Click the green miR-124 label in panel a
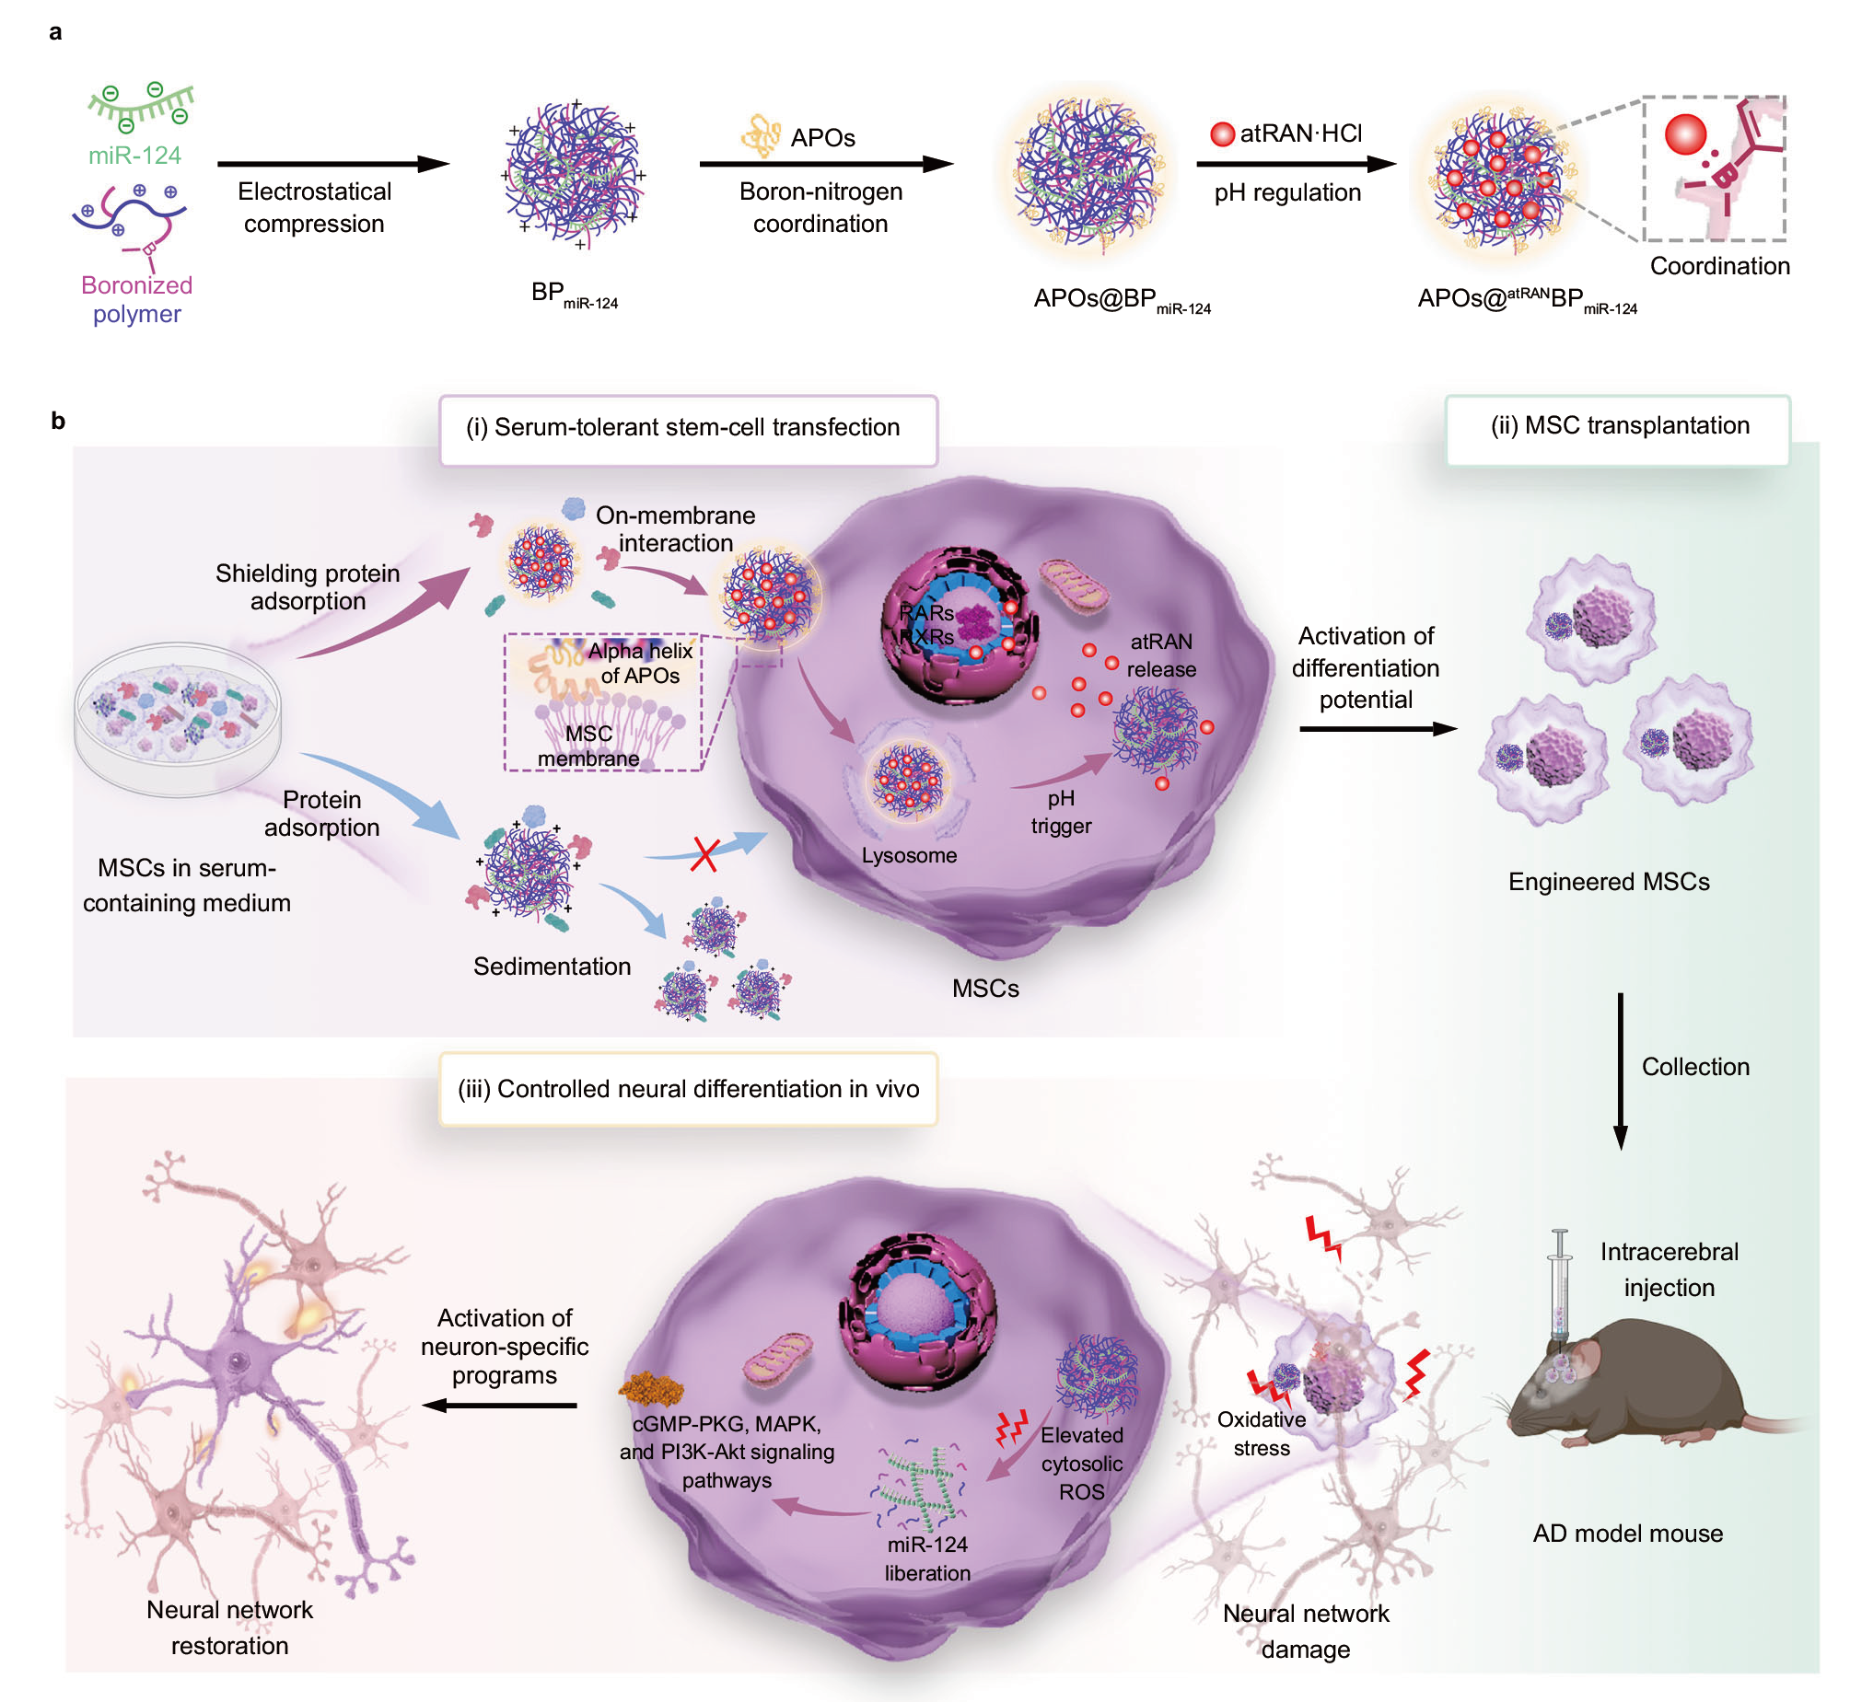134,155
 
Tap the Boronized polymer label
136,299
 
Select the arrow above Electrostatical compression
333,164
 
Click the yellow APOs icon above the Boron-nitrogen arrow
760,135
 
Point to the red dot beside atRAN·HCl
1222,134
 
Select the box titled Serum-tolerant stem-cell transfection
688,430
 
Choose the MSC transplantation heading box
1618,428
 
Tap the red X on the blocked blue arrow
704,854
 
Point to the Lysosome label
908,855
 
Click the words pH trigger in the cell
1061,811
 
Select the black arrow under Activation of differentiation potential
1379,728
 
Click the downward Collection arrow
1621,1071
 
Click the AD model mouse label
1627,1534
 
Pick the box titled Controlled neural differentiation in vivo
688,1090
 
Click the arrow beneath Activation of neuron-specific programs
499,1406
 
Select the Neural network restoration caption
229,1627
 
